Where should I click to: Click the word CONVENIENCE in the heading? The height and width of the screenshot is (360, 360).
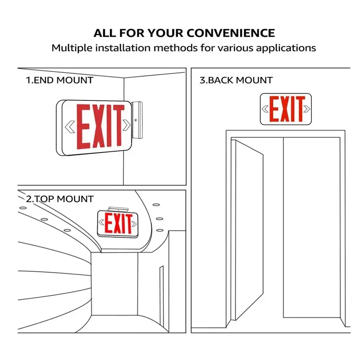[231, 33]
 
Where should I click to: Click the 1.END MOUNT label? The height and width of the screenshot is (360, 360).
[59, 81]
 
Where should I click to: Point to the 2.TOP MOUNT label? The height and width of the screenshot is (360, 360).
[60, 199]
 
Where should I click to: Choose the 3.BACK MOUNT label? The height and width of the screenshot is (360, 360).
[236, 81]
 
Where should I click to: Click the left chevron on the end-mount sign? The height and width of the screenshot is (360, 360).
[70, 126]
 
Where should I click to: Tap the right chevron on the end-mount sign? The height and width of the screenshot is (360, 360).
[126, 125]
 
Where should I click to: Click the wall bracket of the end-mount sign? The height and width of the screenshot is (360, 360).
[137, 120]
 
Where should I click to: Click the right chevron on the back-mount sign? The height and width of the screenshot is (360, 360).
[307, 109]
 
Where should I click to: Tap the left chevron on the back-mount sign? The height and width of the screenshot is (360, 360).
[265, 109]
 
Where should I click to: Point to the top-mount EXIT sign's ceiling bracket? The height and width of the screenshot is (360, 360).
[118, 209]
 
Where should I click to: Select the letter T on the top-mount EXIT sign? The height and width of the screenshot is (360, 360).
[129, 224]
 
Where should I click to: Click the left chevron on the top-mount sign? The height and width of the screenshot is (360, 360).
[101, 222]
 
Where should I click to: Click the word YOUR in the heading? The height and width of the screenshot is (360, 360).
[165, 33]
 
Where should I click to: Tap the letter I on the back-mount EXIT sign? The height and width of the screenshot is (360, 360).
[292, 109]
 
